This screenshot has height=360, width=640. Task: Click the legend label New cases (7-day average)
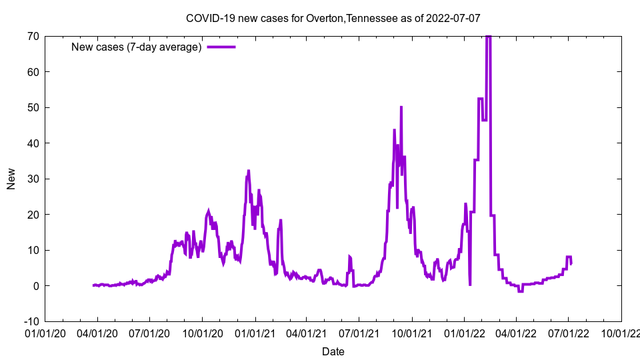click(137, 47)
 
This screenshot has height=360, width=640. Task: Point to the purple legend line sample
click(221, 47)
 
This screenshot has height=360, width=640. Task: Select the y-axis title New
click(11, 179)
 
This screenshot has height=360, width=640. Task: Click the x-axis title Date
click(333, 351)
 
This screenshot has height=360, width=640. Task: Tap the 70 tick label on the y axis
click(33, 36)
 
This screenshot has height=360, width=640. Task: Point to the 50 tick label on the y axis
click(33, 107)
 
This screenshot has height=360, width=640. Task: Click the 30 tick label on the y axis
click(33, 179)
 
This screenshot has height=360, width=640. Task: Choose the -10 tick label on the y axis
click(31, 321)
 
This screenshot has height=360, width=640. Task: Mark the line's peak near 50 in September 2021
click(401, 107)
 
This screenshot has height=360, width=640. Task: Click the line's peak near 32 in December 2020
click(249, 171)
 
